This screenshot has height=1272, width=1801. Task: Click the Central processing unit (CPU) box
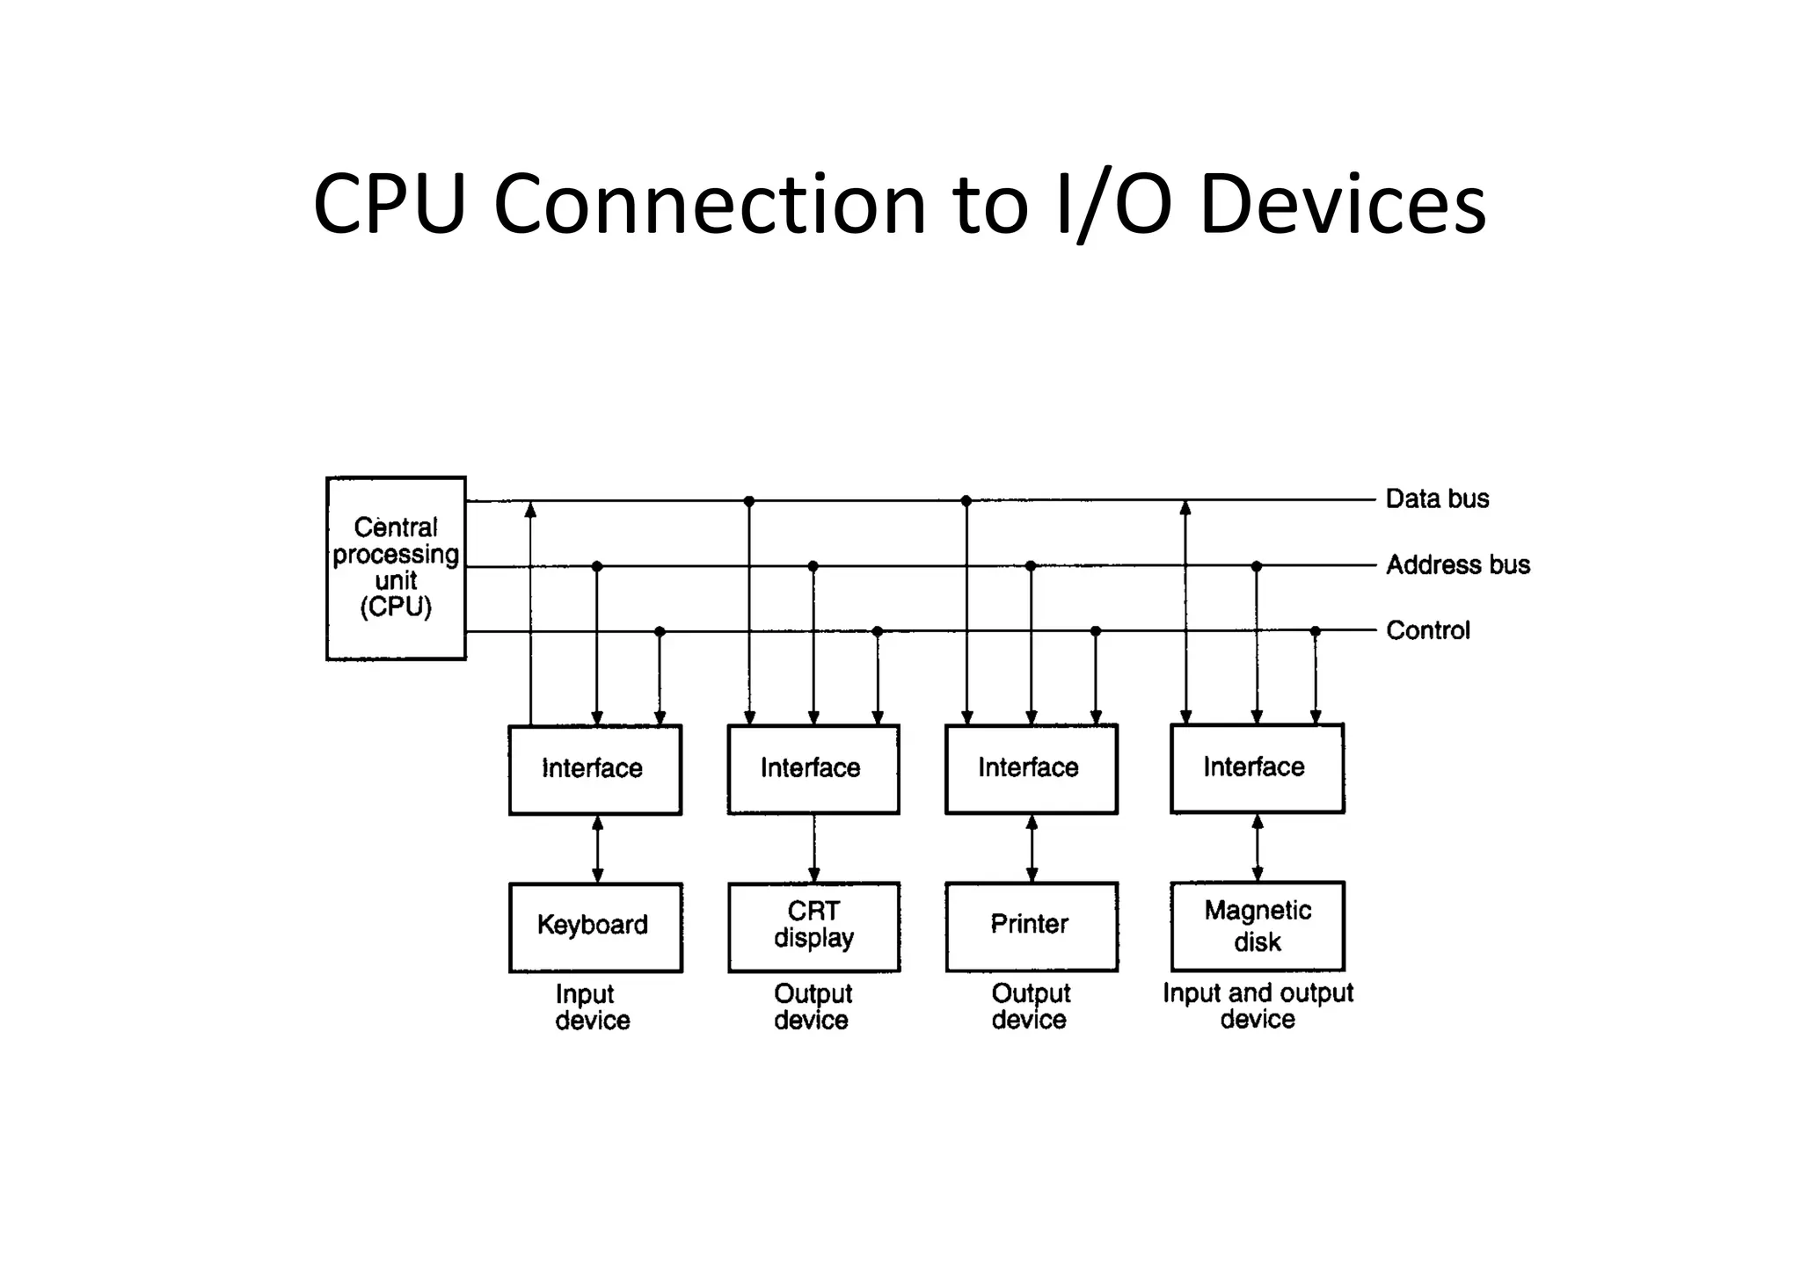[x=396, y=568]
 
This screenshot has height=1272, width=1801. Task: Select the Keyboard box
[x=595, y=927]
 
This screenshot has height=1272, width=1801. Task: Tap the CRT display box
[x=813, y=927]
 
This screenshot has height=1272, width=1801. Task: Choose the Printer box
[x=1031, y=926]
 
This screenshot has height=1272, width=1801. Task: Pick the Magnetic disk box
[x=1257, y=926]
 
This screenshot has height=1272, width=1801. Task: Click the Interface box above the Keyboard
[x=594, y=769]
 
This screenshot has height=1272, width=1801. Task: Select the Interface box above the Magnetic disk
[x=1257, y=767]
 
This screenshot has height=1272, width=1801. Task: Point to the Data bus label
[x=1437, y=498]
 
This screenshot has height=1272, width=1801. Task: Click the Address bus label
[x=1457, y=564]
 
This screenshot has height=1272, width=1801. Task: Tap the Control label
[x=1427, y=630]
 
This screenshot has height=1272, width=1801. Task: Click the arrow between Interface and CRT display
[x=814, y=848]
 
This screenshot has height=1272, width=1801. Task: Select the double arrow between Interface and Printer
[x=1032, y=848]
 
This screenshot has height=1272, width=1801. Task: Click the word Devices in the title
[x=1342, y=204]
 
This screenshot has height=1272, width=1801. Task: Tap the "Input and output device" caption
[x=1258, y=1006]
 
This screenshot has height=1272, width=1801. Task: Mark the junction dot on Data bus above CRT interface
[x=748, y=501]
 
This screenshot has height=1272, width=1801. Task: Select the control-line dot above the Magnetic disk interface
[x=1315, y=631]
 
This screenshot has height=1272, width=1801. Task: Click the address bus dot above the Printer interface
[x=1031, y=566]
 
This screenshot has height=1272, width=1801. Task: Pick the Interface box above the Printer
[x=1031, y=768]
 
